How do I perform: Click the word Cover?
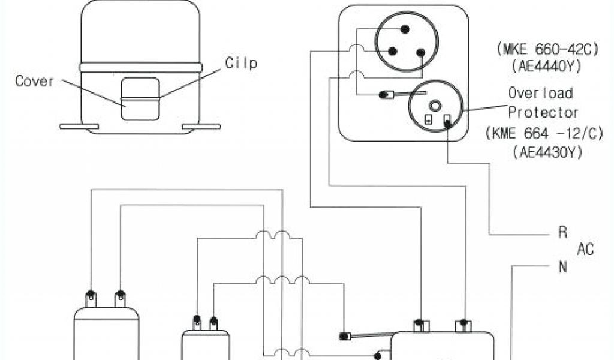point(35,81)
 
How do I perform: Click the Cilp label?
point(241,63)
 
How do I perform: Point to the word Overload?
point(540,93)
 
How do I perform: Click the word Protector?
point(543,112)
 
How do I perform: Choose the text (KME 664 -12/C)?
point(544,134)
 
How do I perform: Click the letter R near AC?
point(562,233)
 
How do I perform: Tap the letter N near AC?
point(562,268)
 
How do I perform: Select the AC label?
point(585,250)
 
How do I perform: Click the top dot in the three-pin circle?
point(404,29)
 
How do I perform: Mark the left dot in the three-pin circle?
point(391,52)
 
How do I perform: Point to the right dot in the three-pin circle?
point(420,53)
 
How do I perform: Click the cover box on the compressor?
point(140,99)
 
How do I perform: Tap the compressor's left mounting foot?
point(79,127)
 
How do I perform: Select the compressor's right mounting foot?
point(201,127)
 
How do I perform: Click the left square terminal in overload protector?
point(428,119)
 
